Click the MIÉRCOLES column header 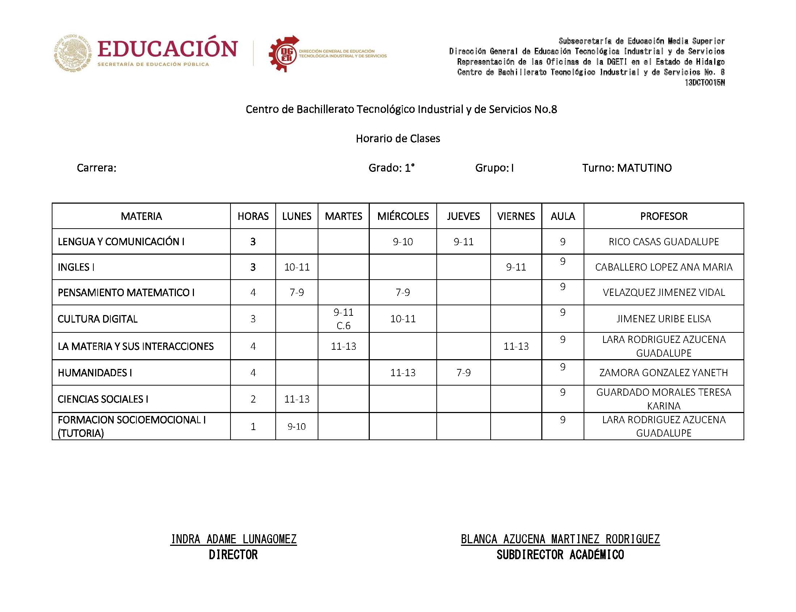(403, 216)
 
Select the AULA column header (563, 216)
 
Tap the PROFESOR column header (664, 216)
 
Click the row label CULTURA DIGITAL (98, 319)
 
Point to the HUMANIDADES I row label (95, 372)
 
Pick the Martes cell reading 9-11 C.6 (343, 318)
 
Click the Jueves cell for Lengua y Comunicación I (463, 242)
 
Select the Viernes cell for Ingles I (516, 267)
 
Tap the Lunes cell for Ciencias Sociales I (297, 399)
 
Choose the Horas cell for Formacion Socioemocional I (253, 426)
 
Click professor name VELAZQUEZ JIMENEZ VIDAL (664, 292)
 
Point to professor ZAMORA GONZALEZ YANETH (664, 372)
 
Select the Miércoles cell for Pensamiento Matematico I (403, 292)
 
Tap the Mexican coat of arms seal (73, 53)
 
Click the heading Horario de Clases (398, 139)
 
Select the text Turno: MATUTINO (627, 167)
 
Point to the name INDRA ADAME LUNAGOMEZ (233, 539)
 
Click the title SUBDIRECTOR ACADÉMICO (560, 554)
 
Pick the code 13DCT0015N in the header (704, 83)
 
